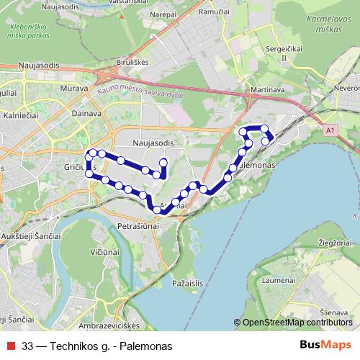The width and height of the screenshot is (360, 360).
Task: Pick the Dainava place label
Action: (87, 112)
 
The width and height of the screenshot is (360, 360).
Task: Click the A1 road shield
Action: (330, 131)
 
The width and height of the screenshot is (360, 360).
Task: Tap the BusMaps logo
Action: (325, 345)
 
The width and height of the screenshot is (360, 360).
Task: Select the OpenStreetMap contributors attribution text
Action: (297, 323)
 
